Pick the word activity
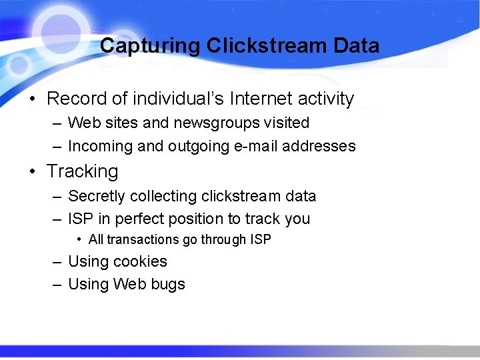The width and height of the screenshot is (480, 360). (326, 99)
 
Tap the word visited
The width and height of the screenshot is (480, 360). (287, 123)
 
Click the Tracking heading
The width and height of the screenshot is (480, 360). (83, 171)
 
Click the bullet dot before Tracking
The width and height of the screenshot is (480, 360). (32, 171)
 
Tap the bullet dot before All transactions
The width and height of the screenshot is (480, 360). (79, 239)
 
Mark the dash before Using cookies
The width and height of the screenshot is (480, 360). (58, 261)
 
